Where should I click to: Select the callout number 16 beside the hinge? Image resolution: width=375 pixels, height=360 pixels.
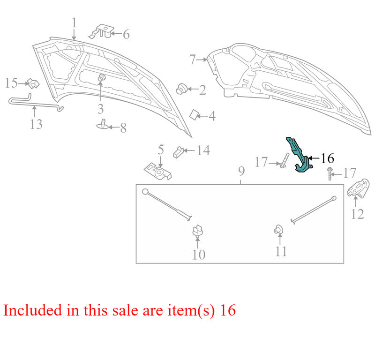pos(327,158)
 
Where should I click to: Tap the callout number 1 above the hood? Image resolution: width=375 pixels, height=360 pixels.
pos(75,22)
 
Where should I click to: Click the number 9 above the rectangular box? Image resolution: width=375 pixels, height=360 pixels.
pos(241,171)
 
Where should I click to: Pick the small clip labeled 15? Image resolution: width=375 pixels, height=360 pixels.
pos(33,83)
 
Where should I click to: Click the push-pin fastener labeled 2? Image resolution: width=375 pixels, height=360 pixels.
pos(181,89)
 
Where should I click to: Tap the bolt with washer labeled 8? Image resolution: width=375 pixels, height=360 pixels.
pos(103,124)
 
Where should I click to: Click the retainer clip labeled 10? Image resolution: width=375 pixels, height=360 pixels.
pos(198,231)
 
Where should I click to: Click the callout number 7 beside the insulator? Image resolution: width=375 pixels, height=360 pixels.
pos(193,60)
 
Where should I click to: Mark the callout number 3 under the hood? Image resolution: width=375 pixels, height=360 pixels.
pos(101,109)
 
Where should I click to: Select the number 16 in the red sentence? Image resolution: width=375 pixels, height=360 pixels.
pos(228,310)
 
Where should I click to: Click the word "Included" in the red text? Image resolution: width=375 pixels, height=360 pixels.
pos(33,310)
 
